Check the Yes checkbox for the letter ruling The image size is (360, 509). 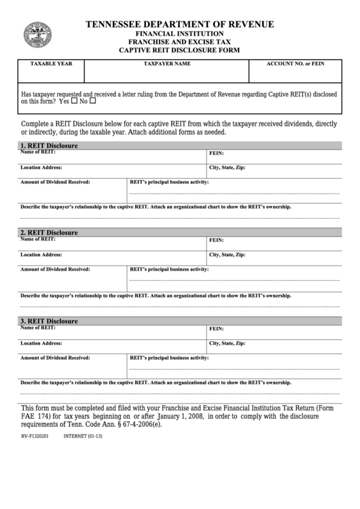(74, 101)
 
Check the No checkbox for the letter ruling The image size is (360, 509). (92, 101)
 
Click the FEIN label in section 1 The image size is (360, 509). (216, 154)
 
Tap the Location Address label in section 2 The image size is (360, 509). (41, 254)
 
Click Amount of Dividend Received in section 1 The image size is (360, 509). (55, 182)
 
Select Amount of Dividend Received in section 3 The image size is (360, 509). (55, 357)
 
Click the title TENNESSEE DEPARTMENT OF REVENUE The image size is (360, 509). (180, 24)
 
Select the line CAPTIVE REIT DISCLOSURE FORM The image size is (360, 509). (180, 50)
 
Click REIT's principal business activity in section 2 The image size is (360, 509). (169, 269)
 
